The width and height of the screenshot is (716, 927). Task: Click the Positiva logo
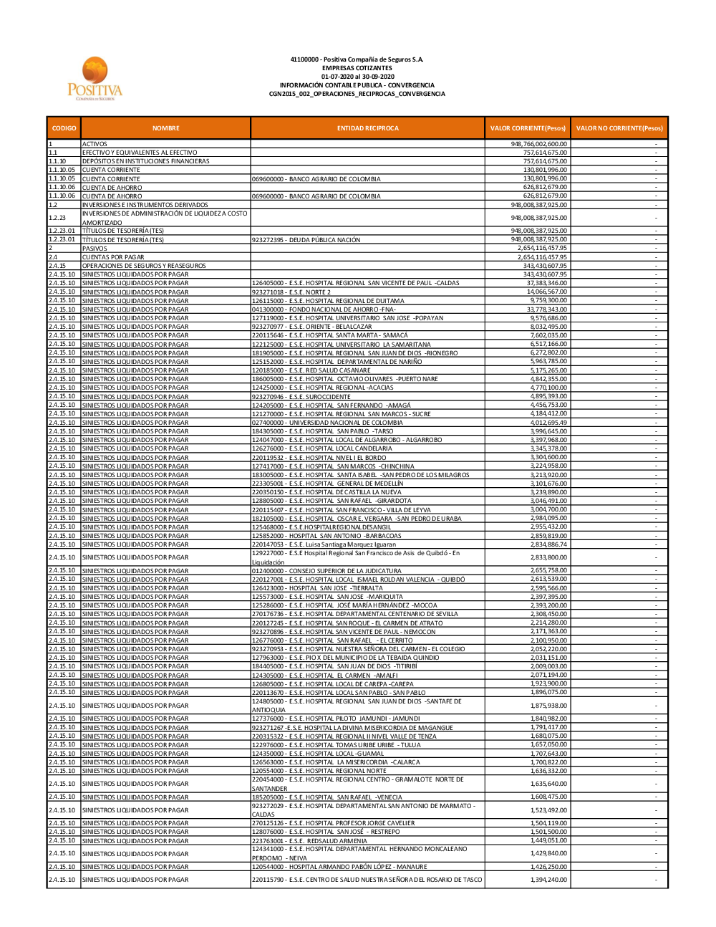[x=95, y=79]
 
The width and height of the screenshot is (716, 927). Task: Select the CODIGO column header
[x=64, y=128]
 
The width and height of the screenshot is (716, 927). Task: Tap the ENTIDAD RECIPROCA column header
[x=367, y=128]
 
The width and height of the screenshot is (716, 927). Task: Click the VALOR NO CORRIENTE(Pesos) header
[x=619, y=128]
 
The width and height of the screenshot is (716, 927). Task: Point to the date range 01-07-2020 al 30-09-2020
[x=357, y=77]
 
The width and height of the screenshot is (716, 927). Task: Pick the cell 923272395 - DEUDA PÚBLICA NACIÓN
[x=306, y=240]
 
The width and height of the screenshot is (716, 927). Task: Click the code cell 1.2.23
[x=57, y=218]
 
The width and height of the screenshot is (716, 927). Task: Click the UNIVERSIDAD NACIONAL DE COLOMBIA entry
[x=327, y=423]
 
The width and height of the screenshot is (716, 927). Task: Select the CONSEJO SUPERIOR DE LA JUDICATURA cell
[x=326, y=571]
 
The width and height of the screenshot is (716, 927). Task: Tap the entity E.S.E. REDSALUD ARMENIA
[x=309, y=841]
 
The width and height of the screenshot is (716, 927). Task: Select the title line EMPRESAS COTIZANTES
[x=357, y=68]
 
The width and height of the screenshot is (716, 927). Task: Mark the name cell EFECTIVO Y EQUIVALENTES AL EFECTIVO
[x=140, y=153]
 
